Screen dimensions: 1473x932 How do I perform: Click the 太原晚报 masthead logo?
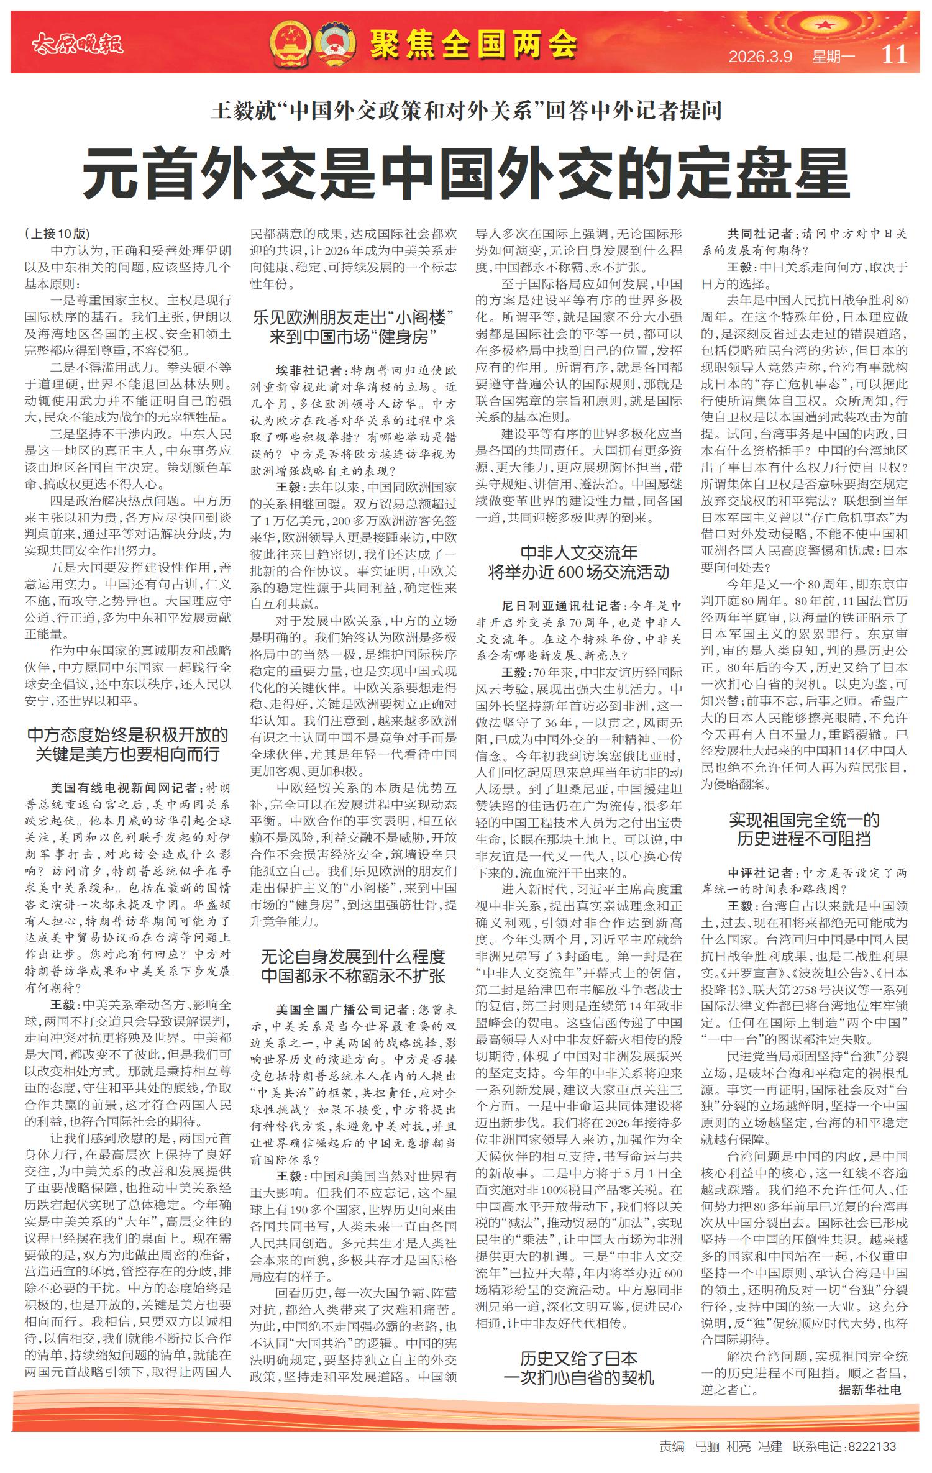click(x=77, y=43)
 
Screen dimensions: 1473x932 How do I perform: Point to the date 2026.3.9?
click(x=761, y=57)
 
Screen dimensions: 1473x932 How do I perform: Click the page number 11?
click(x=894, y=54)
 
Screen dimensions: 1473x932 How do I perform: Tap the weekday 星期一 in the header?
click(x=833, y=57)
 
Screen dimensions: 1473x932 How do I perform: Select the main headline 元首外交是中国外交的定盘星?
click(x=466, y=173)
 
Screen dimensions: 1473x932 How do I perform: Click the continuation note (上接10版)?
click(x=58, y=234)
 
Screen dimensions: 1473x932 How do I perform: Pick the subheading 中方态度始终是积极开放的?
click(x=128, y=735)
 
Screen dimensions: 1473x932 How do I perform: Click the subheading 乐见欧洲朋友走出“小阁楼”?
click(x=354, y=318)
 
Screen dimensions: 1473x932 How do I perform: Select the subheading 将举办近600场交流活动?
click(x=578, y=572)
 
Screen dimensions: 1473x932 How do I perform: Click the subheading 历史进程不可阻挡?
click(x=804, y=839)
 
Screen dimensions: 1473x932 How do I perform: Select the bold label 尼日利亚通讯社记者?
click(x=561, y=605)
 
